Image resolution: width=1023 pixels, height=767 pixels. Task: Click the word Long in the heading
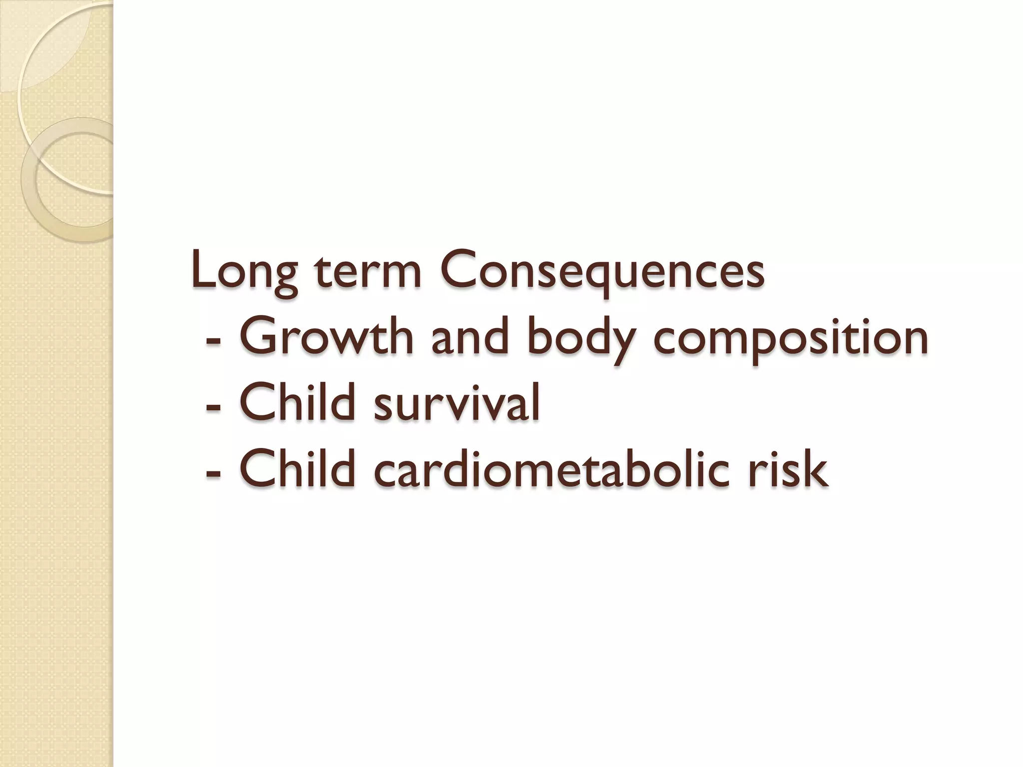click(245, 273)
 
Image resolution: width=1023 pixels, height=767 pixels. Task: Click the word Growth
click(327, 337)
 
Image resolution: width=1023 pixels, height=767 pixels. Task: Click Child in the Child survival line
click(298, 402)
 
